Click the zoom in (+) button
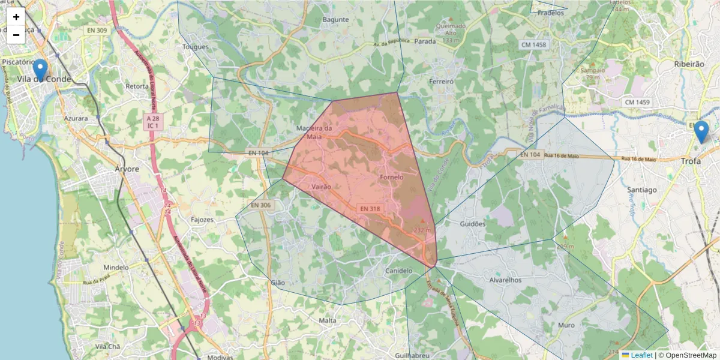pyautogui.click(x=16, y=17)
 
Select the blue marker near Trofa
pyautogui.click(x=700, y=131)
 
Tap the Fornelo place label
pyautogui.click(x=392, y=178)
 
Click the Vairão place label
pyautogui.click(x=322, y=187)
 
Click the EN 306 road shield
pyautogui.click(x=261, y=205)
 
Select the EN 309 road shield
pyautogui.click(x=97, y=31)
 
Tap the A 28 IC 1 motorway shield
pyautogui.click(x=152, y=122)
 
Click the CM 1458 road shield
pyautogui.click(x=533, y=45)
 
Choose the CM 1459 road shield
pyautogui.click(x=637, y=103)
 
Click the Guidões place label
pyautogui.click(x=472, y=224)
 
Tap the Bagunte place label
pyautogui.click(x=335, y=20)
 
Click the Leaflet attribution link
pyautogui.click(x=641, y=355)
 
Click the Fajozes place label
pyautogui.click(x=202, y=220)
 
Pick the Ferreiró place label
pyautogui.click(x=441, y=80)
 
